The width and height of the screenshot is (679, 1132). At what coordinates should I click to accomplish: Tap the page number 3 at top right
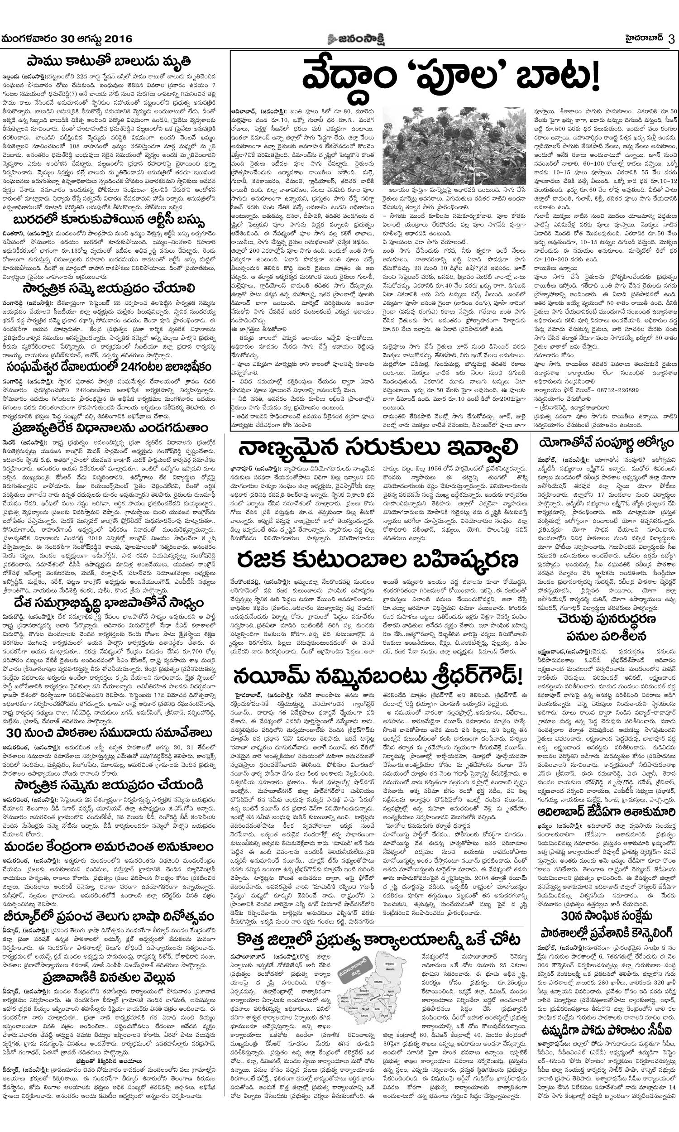(x=671, y=39)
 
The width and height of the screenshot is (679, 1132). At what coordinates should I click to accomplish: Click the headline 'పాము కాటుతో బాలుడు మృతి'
(x=109, y=61)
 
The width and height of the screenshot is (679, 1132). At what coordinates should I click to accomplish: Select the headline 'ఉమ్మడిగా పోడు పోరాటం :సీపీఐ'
(x=607, y=988)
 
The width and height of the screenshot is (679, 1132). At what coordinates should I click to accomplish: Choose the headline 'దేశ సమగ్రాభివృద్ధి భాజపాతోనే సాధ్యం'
(x=109, y=604)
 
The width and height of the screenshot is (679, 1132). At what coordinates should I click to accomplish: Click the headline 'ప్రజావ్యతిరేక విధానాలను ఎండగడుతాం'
(x=109, y=428)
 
